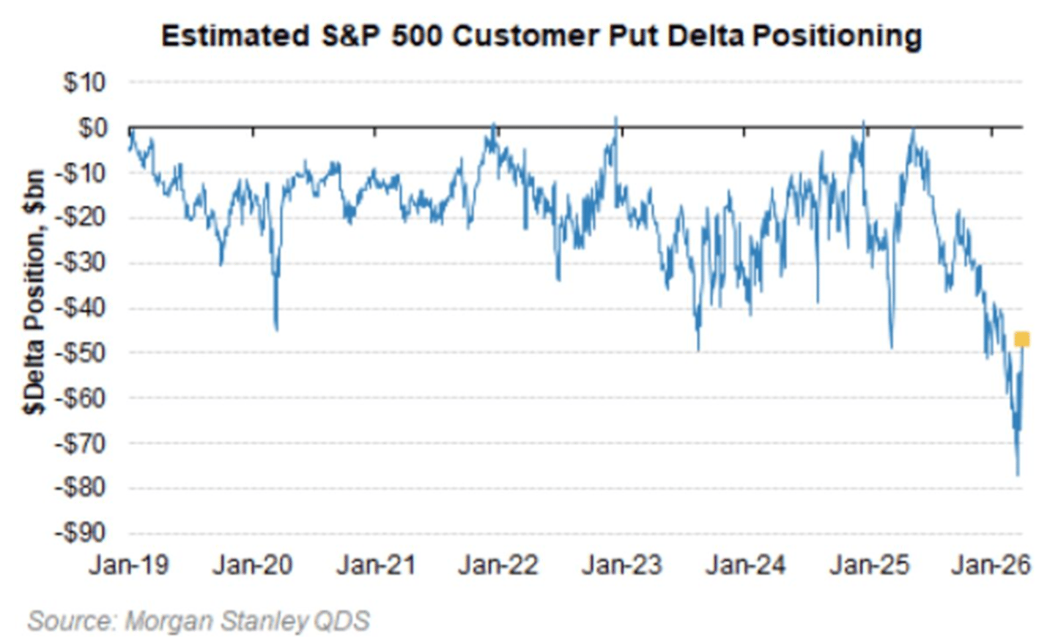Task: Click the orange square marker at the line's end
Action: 1021,339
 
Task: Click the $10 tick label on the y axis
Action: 84,83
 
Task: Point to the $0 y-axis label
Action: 92,128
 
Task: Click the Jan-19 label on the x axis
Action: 129,565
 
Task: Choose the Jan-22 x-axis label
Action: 498,565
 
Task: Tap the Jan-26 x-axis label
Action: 991,565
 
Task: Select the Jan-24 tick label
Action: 745,565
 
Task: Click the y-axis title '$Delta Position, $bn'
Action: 34,293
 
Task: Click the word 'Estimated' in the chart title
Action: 235,36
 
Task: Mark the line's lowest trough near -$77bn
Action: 1017,474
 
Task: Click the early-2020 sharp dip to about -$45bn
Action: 276,329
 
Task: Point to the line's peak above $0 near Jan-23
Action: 615,118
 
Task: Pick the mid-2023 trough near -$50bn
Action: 698,349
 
